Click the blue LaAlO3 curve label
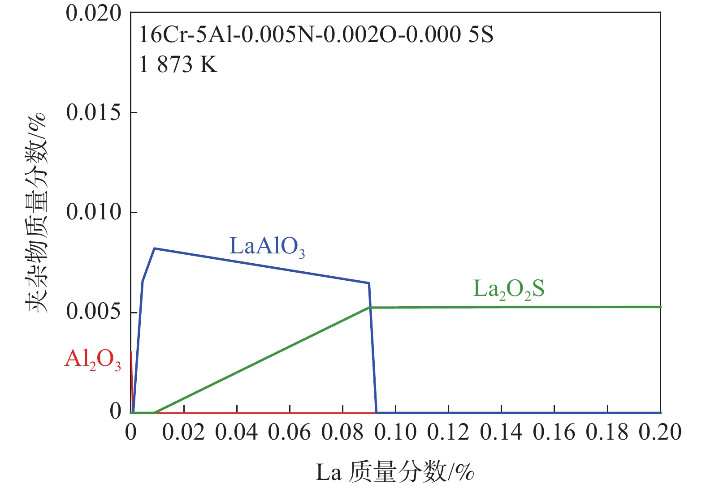[267, 246]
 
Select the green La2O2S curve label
[509, 289]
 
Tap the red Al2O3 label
[93, 360]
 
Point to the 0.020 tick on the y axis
[94, 13]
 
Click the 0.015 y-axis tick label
[94, 112]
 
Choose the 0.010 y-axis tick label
[94, 212]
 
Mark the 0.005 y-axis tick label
[94, 312]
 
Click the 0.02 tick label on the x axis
[183, 433]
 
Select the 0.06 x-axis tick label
[290, 433]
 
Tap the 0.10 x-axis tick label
[395, 433]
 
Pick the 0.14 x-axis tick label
[501, 433]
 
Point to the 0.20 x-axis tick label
[660, 433]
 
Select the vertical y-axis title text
[36, 212]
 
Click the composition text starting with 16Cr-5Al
[316, 35]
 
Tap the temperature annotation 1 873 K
[178, 64]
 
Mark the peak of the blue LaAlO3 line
[154, 248]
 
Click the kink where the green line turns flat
[370, 307]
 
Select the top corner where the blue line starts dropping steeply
[368, 283]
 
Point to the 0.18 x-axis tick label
[607, 433]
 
